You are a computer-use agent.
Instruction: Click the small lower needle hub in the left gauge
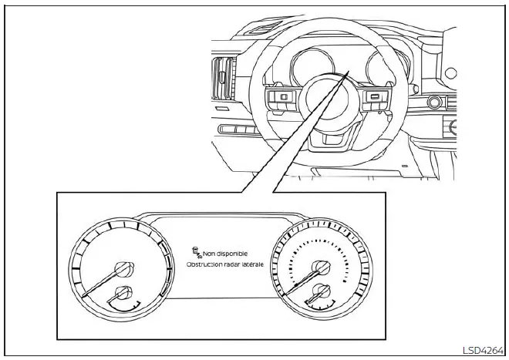coord(122,293)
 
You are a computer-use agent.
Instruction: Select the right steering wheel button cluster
coord(375,99)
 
